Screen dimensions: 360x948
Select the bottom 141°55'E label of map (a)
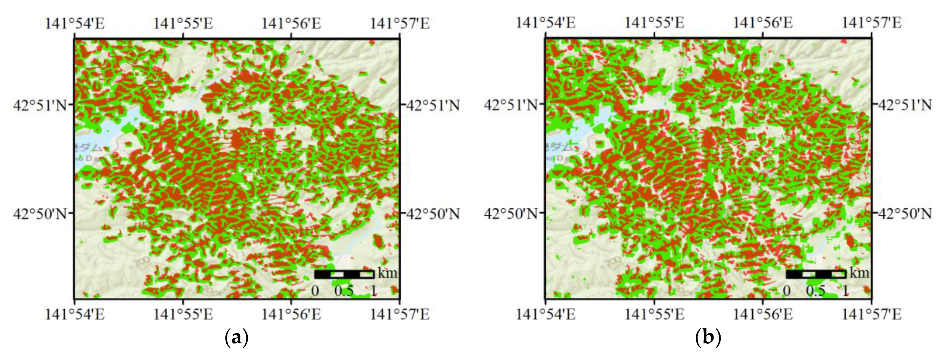183,314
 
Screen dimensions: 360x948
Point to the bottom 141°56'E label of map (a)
291,314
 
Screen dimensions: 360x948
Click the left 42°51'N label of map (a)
40,105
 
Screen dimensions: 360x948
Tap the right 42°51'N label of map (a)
433,106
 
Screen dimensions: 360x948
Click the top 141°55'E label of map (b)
654,23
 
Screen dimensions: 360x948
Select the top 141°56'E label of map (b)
762,23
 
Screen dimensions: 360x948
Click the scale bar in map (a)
344,274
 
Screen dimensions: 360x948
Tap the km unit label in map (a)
387,273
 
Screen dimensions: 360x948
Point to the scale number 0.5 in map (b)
815,291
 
